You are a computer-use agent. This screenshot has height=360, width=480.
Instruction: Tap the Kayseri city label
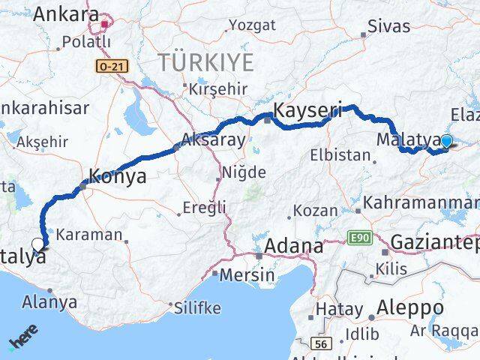click(x=307, y=111)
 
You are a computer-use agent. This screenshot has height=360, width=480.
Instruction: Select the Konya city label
click(x=117, y=176)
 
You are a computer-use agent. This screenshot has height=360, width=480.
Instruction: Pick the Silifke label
click(x=198, y=307)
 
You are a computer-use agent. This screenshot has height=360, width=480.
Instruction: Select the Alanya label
click(x=51, y=302)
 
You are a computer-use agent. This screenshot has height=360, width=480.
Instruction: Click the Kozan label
click(x=315, y=211)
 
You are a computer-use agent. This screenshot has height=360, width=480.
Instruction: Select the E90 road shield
click(x=361, y=238)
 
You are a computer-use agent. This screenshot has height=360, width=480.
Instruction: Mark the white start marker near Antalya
click(x=39, y=244)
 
